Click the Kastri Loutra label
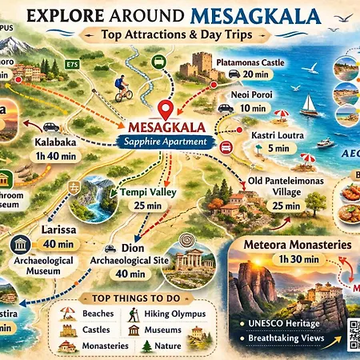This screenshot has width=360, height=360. [x=275, y=135]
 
